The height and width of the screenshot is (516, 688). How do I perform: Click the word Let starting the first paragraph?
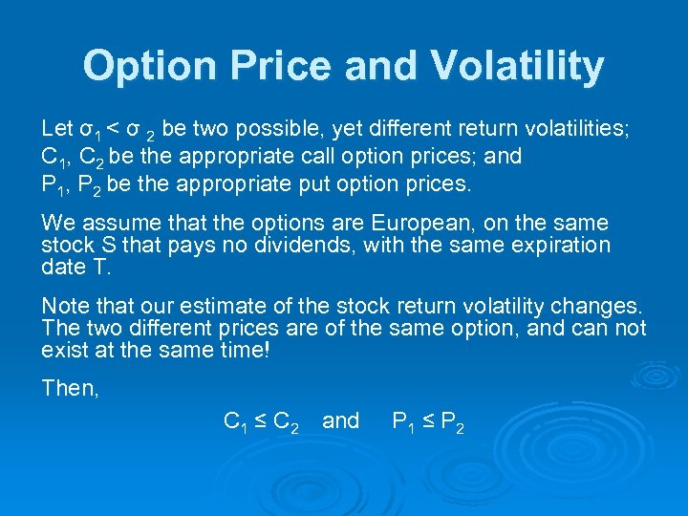(56, 128)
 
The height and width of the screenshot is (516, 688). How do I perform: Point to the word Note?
(64, 307)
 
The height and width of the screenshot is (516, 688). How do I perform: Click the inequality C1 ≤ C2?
(260, 421)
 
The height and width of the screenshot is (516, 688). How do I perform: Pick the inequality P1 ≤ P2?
(428, 421)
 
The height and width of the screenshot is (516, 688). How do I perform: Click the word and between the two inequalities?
(341, 420)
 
